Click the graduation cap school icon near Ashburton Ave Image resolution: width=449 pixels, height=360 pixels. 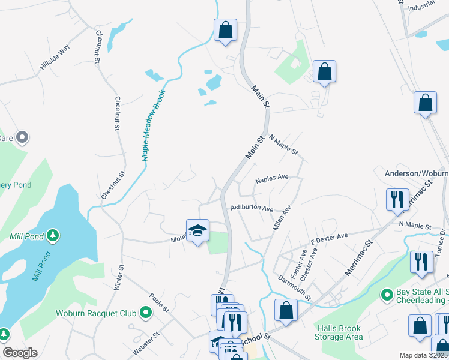tap(197, 230)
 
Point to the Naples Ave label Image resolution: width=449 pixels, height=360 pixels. tap(272, 178)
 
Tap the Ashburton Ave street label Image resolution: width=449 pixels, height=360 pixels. tap(252, 209)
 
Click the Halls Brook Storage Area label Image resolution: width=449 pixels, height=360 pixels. tap(339, 332)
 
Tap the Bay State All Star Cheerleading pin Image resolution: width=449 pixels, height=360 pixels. tap(388, 296)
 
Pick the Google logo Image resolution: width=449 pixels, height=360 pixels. tap(20, 353)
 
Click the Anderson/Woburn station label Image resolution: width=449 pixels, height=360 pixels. tap(416, 173)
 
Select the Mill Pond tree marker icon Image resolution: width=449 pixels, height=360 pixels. tap(53, 235)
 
